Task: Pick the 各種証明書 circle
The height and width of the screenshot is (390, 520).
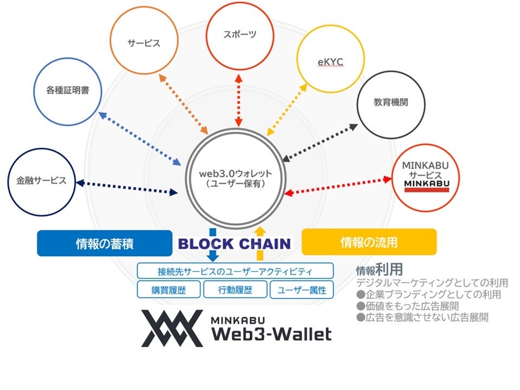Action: pyautogui.click(x=68, y=92)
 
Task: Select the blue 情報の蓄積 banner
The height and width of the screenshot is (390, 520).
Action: pyautogui.click(x=105, y=243)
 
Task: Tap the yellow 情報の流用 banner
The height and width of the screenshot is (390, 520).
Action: pyautogui.click(x=368, y=242)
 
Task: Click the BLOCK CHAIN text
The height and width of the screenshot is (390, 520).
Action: pyautogui.click(x=235, y=244)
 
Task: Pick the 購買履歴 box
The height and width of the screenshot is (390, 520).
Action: pyautogui.click(x=169, y=290)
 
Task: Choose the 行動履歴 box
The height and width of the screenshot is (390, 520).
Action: pyautogui.click(x=235, y=290)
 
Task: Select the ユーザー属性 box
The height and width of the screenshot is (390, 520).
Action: pyautogui.click(x=302, y=290)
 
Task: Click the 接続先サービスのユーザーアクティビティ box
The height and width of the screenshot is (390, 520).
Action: pyautogui.click(x=235, y=271)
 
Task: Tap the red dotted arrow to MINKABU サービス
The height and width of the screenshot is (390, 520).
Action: pyautogui.click(x=339, y=185)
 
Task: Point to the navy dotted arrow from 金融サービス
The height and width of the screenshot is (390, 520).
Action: pyautogui.click(x=127, y=187)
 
